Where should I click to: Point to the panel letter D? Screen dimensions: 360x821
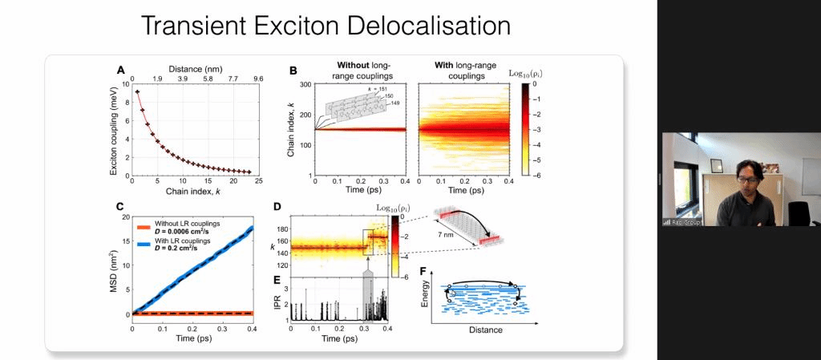277,208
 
